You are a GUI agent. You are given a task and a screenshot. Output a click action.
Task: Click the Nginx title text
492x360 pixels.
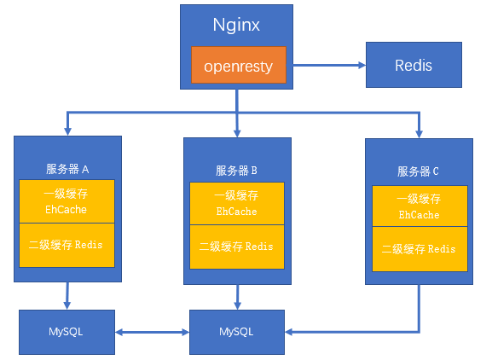236,25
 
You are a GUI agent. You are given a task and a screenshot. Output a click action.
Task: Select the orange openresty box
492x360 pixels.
239,65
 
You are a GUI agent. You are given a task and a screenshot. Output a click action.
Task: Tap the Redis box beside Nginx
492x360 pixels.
414,65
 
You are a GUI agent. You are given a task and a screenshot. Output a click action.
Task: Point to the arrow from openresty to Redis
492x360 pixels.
329,66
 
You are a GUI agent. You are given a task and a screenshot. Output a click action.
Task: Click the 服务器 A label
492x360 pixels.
67,169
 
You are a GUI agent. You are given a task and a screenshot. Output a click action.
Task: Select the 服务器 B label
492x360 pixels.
236,171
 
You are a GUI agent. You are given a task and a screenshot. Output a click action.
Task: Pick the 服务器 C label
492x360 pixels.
418,171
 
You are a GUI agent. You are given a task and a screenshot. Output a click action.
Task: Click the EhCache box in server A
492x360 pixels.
67,201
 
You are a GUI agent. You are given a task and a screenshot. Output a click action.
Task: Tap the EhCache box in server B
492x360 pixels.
237,203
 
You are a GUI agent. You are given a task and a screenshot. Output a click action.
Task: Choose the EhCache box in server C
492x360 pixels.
420,206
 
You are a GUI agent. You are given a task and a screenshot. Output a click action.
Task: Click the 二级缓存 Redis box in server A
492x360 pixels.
67,245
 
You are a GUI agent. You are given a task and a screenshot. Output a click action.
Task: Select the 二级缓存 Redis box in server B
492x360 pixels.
237,247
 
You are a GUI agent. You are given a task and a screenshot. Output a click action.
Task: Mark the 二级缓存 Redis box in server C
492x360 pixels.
420,249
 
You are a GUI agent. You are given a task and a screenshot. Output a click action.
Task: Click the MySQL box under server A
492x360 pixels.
67,332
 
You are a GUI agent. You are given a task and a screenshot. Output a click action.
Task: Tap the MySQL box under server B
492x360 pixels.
237,332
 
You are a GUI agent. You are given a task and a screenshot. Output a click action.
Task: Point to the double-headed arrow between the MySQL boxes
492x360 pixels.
152,332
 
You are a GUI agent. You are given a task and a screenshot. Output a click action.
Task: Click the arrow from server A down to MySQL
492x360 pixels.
67,296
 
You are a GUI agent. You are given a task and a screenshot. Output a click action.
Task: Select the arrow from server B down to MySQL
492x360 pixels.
237,297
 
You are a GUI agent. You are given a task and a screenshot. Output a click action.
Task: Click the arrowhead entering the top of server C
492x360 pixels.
419,134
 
